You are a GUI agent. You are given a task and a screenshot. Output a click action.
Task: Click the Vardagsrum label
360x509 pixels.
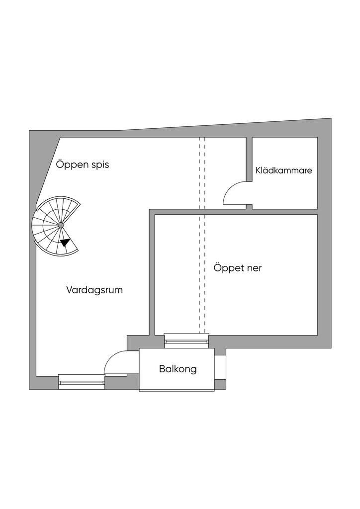tap(94, 290)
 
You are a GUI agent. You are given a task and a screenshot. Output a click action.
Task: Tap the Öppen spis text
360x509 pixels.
tap(83, 165)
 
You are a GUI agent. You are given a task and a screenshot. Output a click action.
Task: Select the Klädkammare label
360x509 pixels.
tap(284, 170)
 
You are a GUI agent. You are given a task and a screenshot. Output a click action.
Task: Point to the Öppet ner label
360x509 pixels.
tap(238, 268)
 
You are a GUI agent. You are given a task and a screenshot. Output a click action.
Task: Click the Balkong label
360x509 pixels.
tap(178, 369)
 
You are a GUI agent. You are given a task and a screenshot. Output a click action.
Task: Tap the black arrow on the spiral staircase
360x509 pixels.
tap(65, 243)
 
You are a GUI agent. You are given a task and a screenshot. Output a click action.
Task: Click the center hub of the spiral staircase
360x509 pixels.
tap(61, 226)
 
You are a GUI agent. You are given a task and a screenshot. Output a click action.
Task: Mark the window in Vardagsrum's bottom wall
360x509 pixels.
tap(82, 382)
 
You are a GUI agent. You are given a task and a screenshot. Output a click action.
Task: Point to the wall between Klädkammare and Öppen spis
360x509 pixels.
tap(249, 159)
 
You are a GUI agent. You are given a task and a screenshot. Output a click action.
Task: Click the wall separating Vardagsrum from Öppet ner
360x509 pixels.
tap(152, 273)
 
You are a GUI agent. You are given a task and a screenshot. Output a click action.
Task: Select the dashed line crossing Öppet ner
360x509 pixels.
tap(202, 268)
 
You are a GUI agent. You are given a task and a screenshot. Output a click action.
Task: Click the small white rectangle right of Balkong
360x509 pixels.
tap(220, 367)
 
